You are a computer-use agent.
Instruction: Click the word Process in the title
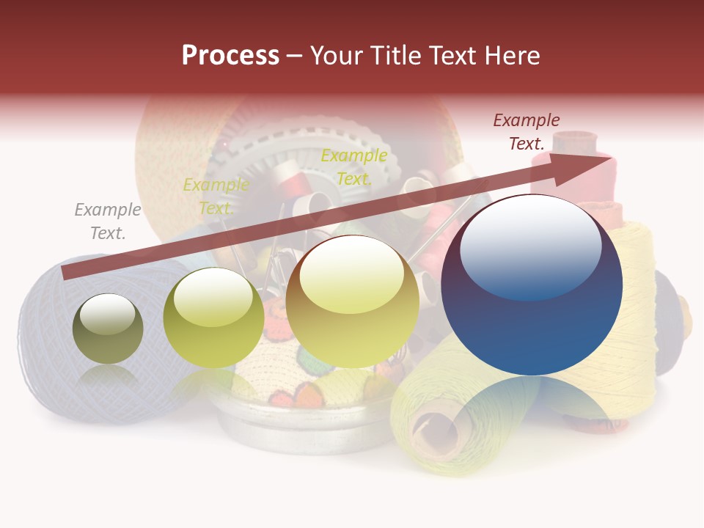[230, 56]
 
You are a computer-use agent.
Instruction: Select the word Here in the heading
[512, 56]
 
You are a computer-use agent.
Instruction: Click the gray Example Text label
[108, 221]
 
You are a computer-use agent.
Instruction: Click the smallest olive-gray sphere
[108, 329]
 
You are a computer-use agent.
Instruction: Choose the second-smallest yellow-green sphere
[213, 318]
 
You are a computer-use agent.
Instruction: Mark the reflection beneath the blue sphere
[532, 403]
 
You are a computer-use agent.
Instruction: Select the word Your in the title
[333, 56]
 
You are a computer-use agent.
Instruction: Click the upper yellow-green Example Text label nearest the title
[354, 166]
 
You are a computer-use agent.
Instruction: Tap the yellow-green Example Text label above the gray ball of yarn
[216, 196]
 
